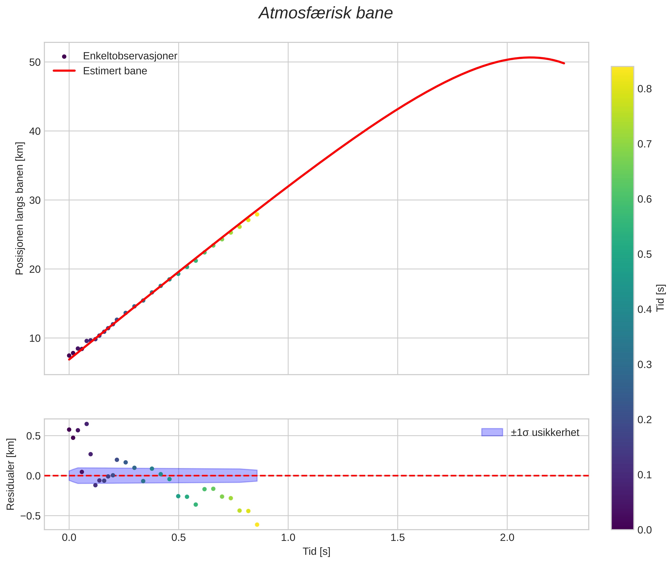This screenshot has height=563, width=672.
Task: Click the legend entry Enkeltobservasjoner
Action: coord(130,56)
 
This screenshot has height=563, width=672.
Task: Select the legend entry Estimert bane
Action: coord(115,71)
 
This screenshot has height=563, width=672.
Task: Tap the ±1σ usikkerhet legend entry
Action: coord(545,433)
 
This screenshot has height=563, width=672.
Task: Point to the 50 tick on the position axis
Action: coord(35,62)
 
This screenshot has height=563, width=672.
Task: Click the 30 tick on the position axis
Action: coord(35,200)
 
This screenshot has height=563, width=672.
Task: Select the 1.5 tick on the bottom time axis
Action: coord(397,538)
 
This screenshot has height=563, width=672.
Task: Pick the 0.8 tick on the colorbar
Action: coord(644,89)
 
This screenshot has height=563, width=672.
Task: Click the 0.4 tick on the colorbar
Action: coord(644,310)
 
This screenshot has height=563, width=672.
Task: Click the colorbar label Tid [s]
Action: coord(660,298)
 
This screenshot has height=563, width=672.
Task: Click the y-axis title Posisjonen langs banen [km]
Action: coord(20,208)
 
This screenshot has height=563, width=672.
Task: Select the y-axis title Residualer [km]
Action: coord(11,474)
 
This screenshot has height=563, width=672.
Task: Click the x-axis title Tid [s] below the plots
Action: coord(316,551)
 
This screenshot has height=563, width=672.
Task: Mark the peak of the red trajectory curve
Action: coord(530,58)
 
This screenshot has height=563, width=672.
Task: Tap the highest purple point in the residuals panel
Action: coord(86,424)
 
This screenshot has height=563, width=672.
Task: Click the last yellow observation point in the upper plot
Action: coord(257,214)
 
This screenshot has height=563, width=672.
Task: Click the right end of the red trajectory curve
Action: coord(564,63)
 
